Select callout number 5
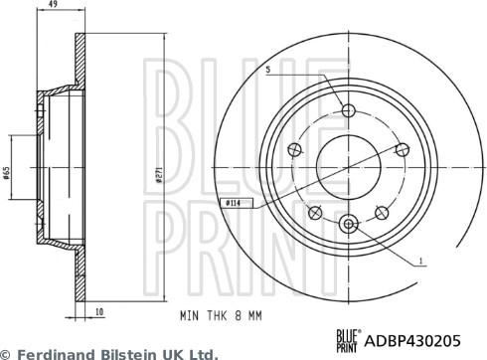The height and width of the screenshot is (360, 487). pyautogui.click(x=268, y=69)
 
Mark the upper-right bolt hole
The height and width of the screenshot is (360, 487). pyautogui.click(x=402, y=149)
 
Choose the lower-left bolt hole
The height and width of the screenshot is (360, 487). pyautogui.click(x=315, y=211)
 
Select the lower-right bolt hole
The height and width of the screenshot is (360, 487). pyautogui.click(x=381, y=211)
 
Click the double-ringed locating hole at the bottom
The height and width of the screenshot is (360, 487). pyautogui.click(x=348, y=223)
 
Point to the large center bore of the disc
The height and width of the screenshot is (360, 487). pyautogui.click(x=348, y=166)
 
